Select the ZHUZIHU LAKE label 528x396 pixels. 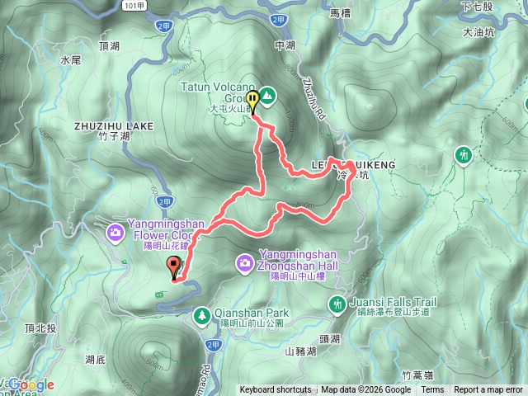coord(114,126)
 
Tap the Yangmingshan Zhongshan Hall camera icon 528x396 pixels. coord(244,263)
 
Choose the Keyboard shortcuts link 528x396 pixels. coord(276,390)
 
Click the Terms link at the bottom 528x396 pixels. coord(431,390)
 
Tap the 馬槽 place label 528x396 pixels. coord(340,12)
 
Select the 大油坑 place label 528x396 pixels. coord(478,32)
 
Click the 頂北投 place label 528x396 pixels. coord(41,328)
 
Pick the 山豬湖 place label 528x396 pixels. coord(300,351)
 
